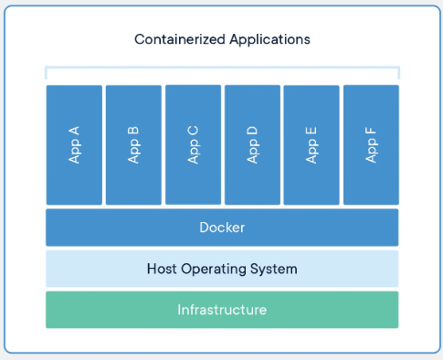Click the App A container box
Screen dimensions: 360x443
(x=74, y=144)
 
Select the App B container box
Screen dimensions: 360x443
(x=133, y=144)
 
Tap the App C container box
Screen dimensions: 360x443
(x=193, y=144)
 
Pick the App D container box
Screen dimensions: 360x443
(x=252, y=144)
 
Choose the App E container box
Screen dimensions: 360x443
(x=311, y=144)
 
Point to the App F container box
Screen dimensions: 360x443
(x=371, y=144)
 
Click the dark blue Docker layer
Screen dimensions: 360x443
(x=222, y=228)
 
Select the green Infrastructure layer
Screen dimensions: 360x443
(x=222, y=310)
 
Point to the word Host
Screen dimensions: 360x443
(x=162, y=269)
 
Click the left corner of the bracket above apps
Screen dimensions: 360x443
(x=47, y=69)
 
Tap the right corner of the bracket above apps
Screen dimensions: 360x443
(x=398, y=69)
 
